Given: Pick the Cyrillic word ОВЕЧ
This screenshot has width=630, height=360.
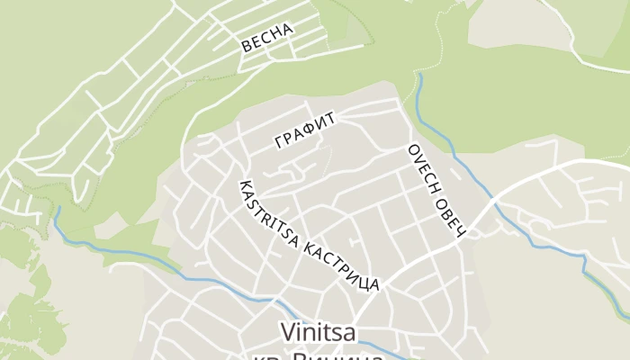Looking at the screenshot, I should pos(449,216).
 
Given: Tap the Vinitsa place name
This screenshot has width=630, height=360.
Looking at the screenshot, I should pos(319,333).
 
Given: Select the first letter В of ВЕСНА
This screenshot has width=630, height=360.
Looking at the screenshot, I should pos(246,48).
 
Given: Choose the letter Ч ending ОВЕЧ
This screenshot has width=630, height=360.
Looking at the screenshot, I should pos(459,233).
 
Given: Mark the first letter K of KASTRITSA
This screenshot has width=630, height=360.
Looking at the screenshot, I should pos(241,185).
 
